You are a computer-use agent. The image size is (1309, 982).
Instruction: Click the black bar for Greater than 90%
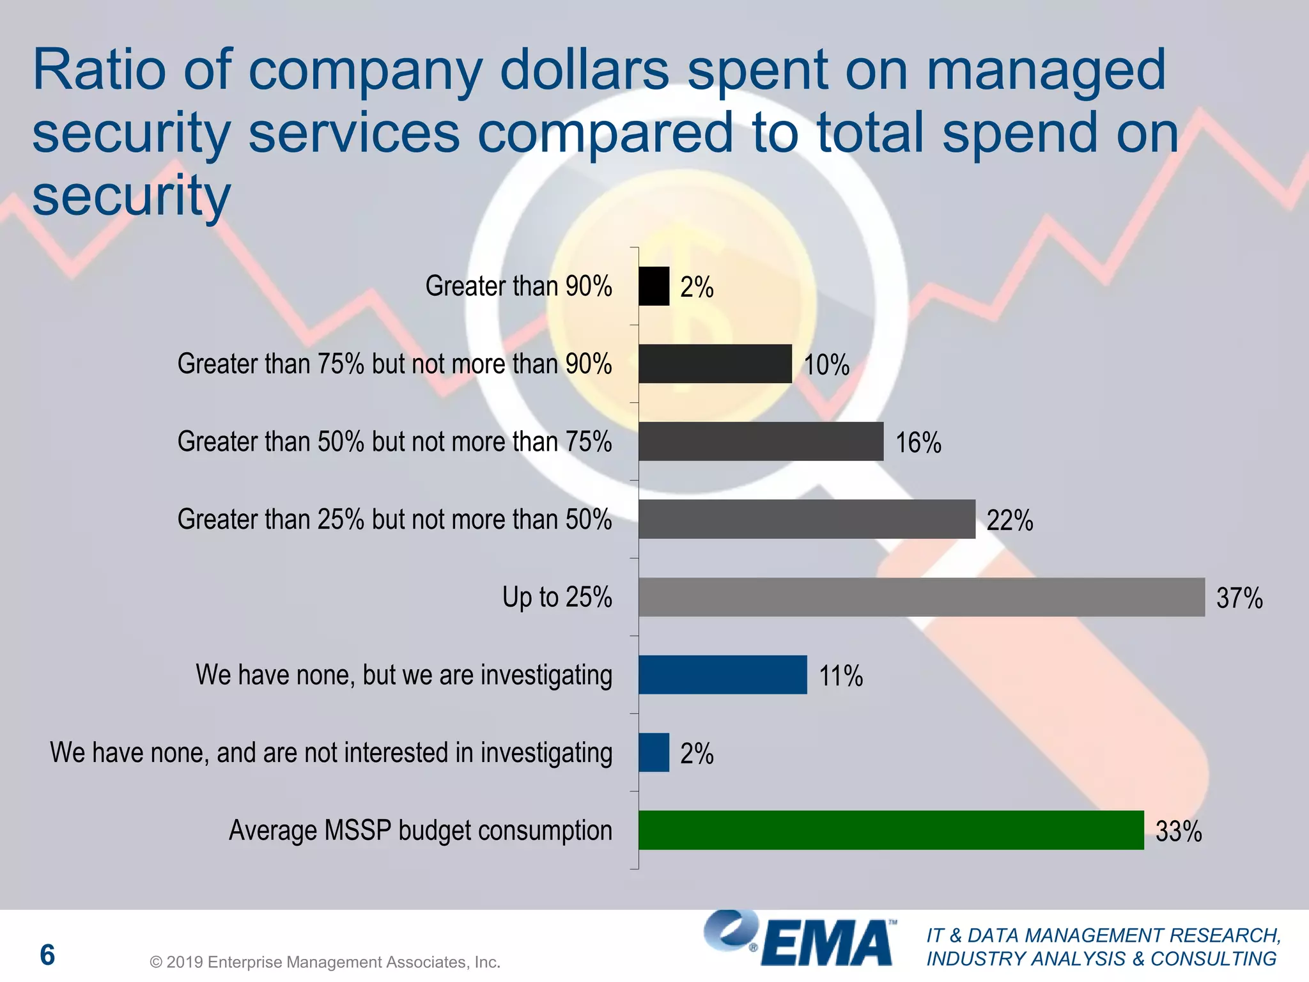[x=654, y=286]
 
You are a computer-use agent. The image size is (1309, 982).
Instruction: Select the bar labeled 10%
[x=715, y=364]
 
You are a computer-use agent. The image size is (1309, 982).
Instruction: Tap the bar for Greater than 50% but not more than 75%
[x=761, y=441]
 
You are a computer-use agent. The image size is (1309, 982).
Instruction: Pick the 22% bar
[x=807, y=519]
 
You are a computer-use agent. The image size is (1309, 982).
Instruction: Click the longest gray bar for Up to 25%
[x=921, y=597]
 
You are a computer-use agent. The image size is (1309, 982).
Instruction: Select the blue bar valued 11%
[x=722, y=674]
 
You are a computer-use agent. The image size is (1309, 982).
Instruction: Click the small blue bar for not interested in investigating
[x=654, y=752]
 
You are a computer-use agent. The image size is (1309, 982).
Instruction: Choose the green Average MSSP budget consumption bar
[x=890, y=830]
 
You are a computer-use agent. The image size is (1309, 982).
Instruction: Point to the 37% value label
[x=1239, y=598]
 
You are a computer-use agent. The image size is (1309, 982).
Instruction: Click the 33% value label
[x=1178, y=831]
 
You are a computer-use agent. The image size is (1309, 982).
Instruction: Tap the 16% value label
[x=918, y=442]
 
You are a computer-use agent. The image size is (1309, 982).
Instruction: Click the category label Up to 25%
[x=557, y=597]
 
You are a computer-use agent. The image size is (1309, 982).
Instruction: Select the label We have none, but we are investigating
[x=404, y=675]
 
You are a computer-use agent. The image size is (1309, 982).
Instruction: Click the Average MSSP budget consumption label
[x=421, y=830]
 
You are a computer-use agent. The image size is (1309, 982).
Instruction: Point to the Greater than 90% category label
[x=518, y=286]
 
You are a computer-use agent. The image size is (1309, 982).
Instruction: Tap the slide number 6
[x=47, y=955]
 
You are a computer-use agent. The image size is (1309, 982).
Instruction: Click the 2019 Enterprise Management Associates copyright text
[x=325, y=962]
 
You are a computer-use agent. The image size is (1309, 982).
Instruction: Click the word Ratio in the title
[x=100, y=70]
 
